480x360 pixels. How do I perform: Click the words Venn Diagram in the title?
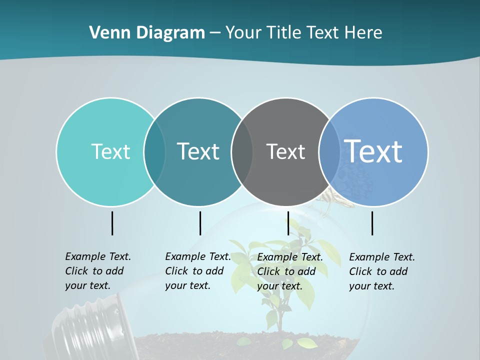[x=146, y=33]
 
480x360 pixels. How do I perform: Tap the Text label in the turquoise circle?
[x=110, y=151]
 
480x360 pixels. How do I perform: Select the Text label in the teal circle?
[x=198, y=151]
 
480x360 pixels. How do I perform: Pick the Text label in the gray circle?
[x=285, y=151]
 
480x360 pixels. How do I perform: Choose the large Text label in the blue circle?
[x=373, y=151]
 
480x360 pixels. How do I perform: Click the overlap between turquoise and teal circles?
[x=154, y=151]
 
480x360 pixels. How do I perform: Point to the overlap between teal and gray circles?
[x=242, y=151]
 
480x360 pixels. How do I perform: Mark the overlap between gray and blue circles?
[x=329, y=151]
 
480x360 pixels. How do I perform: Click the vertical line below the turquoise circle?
[x=112, y=223]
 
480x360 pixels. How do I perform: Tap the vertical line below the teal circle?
[x=200, y=223]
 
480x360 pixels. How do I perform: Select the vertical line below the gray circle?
[x=288, y=223]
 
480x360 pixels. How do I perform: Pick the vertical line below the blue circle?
[x=372, y=223]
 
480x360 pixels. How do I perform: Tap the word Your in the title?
[x=243, y=33]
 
